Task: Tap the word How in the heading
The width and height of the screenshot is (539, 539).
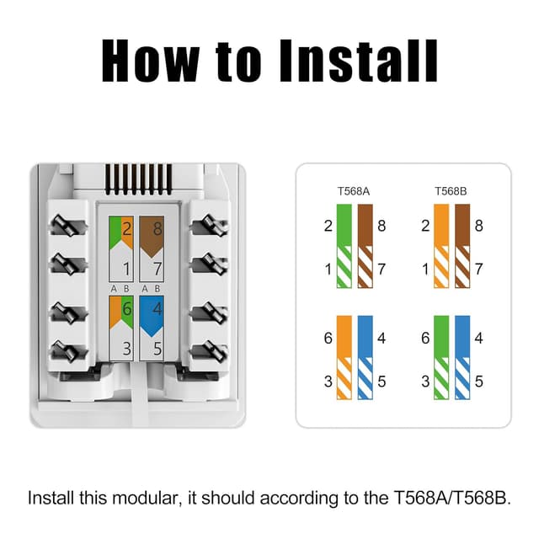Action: [x=151, y=60]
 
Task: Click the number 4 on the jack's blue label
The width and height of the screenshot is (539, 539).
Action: [x=157, y=308]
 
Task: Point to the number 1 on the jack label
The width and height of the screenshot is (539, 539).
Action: [x=125, y=269]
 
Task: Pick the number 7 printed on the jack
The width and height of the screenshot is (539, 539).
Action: [x=157, y=269]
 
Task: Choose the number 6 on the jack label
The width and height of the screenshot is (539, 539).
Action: [x=125, y=308]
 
